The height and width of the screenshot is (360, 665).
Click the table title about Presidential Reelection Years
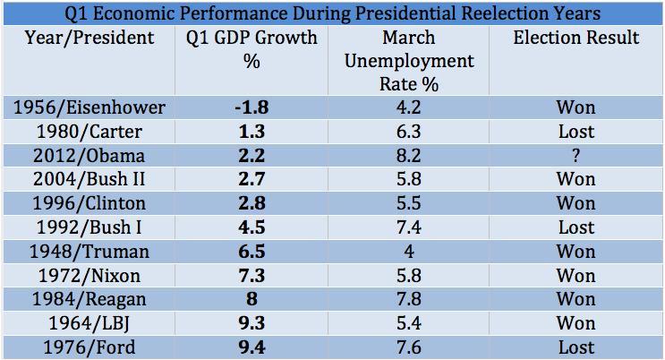[332, 13]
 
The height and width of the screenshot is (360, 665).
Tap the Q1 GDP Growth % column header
[252, 49]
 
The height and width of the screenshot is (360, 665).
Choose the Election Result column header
[576, 39]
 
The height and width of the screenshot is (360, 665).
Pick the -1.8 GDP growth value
[251, 107]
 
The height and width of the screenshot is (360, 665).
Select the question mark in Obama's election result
[575, 155]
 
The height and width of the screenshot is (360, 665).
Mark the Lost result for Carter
[575, 132]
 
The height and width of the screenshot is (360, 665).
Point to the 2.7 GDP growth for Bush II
[251, 179]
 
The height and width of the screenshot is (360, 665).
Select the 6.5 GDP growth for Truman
[251, 252]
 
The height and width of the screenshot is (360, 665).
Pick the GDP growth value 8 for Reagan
[251, 300]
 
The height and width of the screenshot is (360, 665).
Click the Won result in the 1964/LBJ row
[575, 323]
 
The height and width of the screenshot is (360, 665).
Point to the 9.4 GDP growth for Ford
[251, 347]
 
